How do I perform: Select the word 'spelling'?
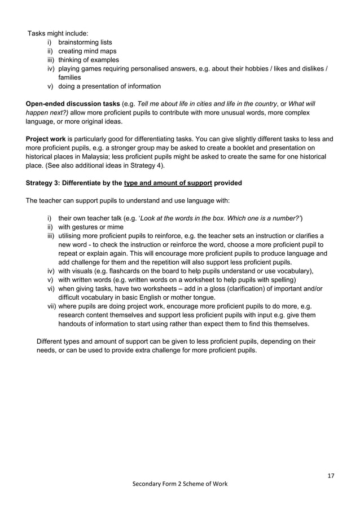(282, 280)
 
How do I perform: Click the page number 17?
(331, 476)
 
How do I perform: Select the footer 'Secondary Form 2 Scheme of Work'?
(180, 484)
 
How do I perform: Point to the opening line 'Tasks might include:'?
(58, 33)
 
